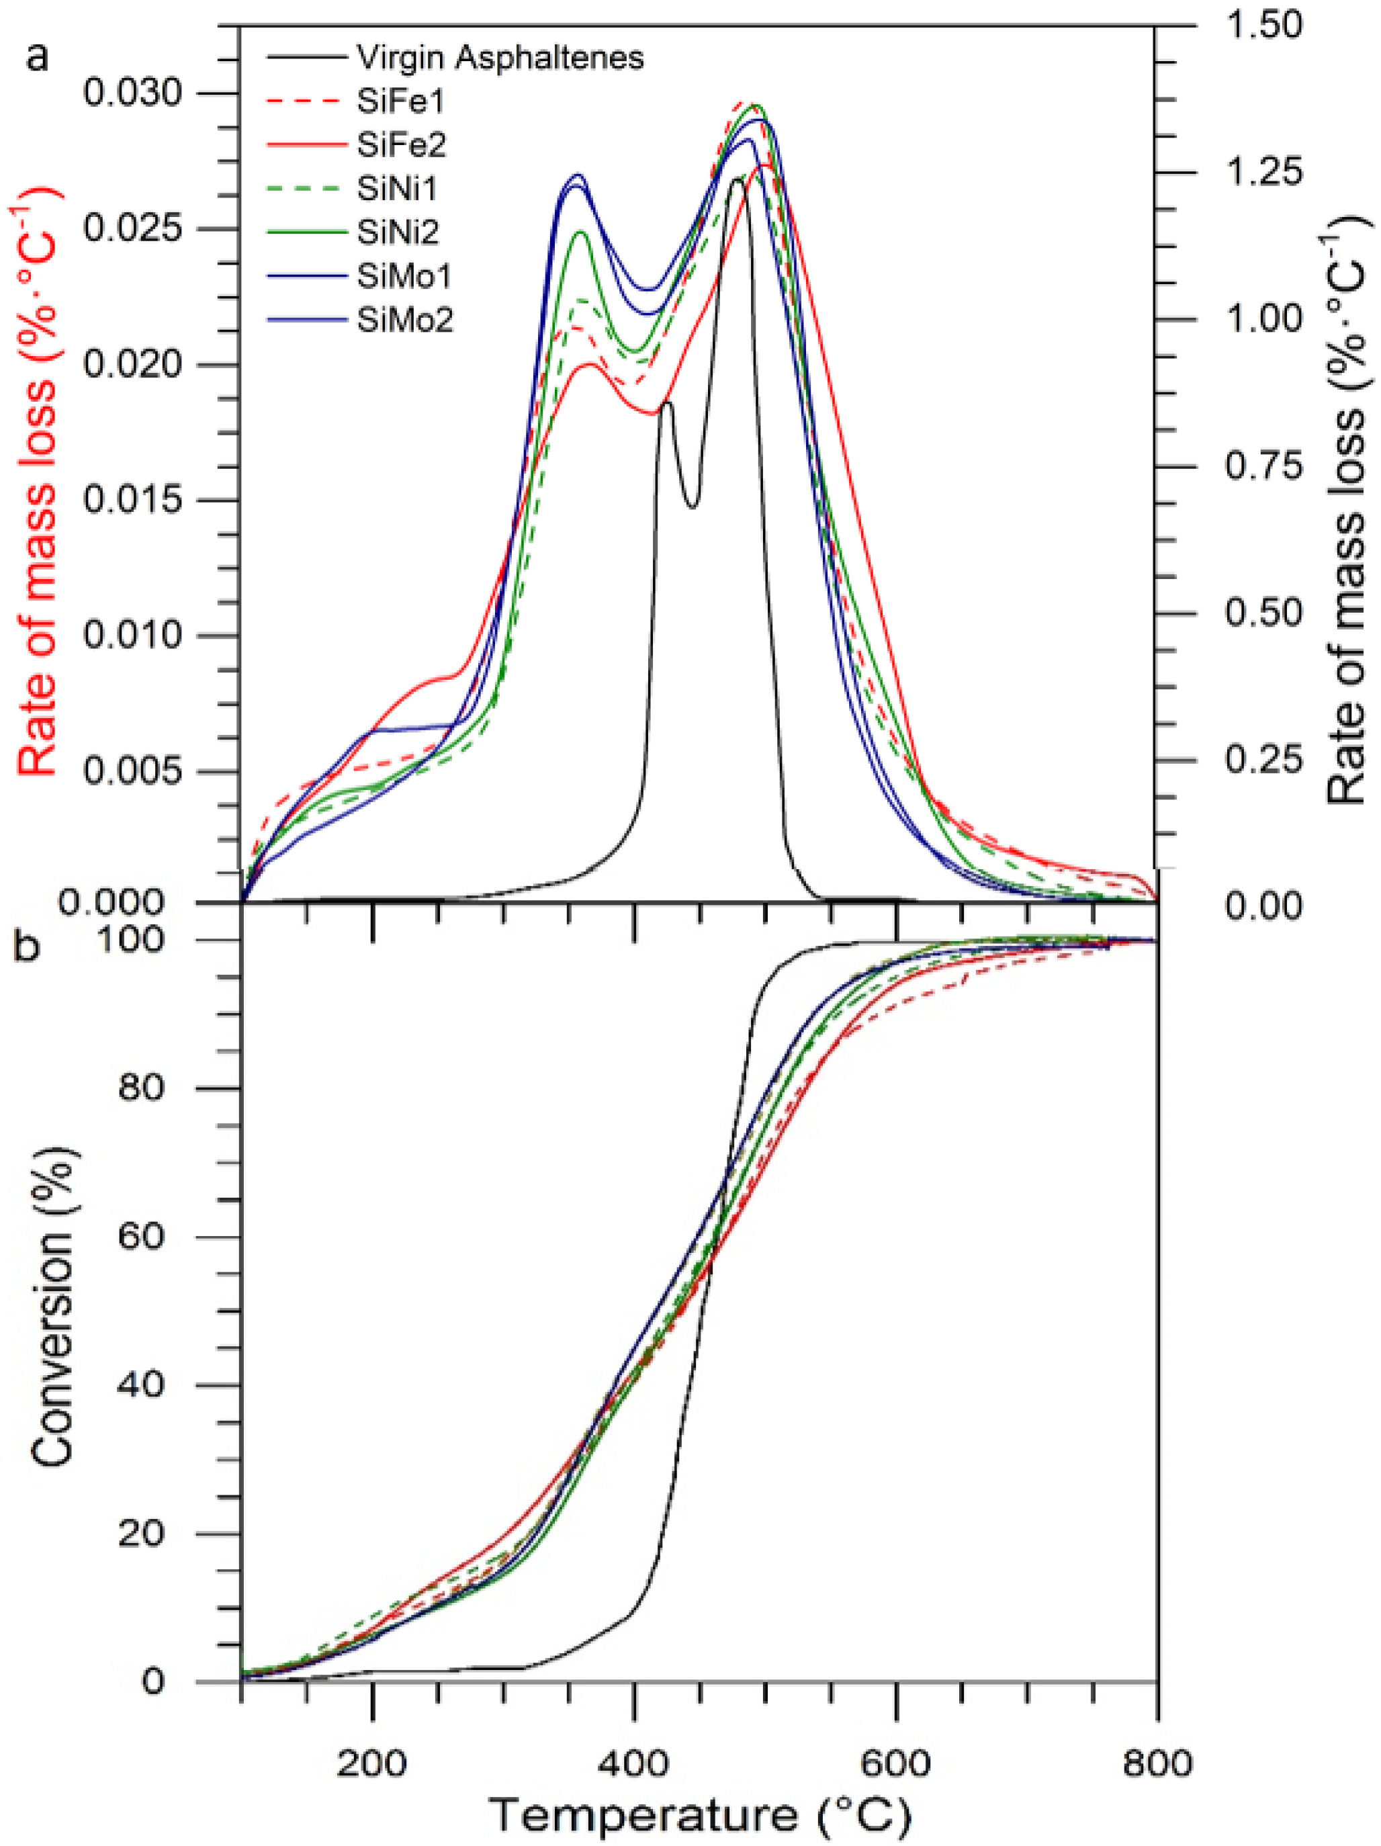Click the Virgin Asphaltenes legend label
(x=500, y=58)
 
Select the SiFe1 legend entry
(x=400, y=102)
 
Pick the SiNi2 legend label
(x=398, y=233)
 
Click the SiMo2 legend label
(x=405, y=320)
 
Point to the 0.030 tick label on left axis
(x=121, y=93)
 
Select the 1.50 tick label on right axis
(x=1263, y=25)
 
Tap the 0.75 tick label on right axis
(x=1263, y=466)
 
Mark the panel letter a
(x=37, y=59)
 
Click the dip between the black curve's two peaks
(x=693, y=505)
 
